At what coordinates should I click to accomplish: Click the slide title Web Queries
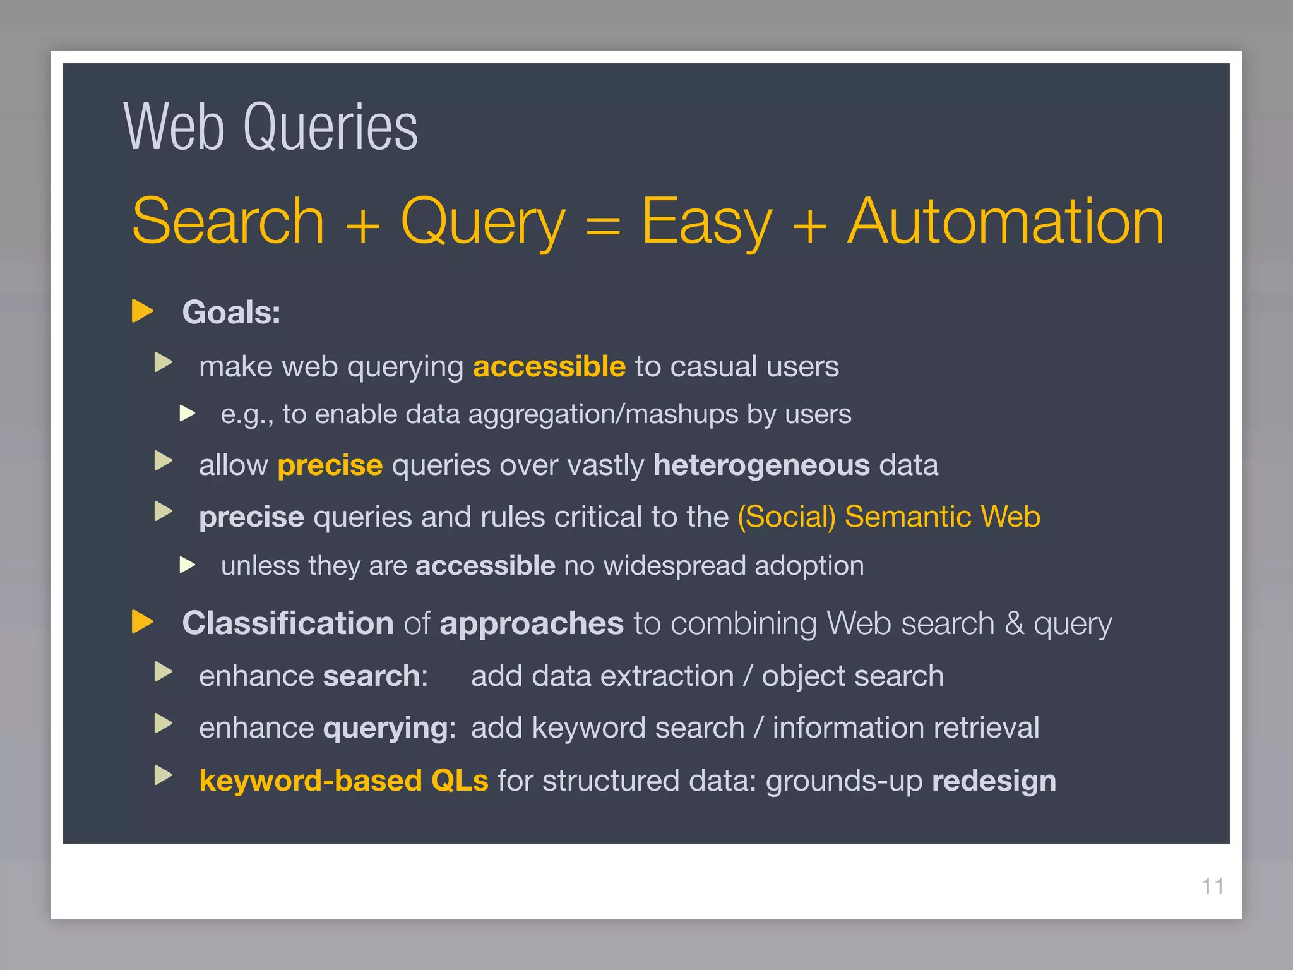pyautogui.click(x=270, y=128)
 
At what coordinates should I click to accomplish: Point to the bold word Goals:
pyautogui.click(x=231, y=312)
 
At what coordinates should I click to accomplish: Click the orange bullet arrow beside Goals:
pyautogui.click(x=143, y=311)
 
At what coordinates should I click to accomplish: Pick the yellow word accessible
pyautogui.click(x=549, y=366)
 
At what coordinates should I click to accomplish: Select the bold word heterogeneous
pyautogui.click(x=761, y=465)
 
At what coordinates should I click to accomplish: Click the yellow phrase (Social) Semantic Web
pyautogui.click(x=889, y=517)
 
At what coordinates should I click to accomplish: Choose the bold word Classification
pyautogui.click(x=288, y=623)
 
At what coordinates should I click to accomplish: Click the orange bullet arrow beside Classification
pyautogui.click(x=143, y=621)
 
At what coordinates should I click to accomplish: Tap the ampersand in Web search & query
pyautogui.click(x=1014, y=623)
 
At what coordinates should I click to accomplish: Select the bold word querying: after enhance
pyautogui.click(x=389, y=728)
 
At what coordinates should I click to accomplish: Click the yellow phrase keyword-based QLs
pyautogui.click(x=343, y=781)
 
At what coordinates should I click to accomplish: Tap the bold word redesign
pyautogui.click(x=994, y=781)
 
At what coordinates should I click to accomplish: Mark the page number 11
pyautogui.click(x=1212, y=887)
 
